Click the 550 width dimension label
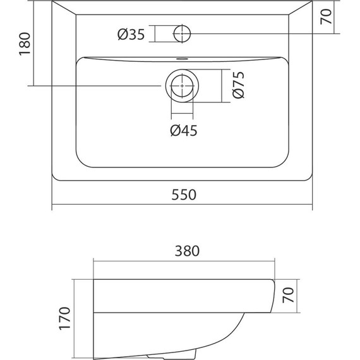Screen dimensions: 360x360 coord(183,195)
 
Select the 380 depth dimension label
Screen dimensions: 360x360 coord(183,251)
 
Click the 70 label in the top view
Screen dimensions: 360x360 coord(327,17)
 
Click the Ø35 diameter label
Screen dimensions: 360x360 coord(131,35)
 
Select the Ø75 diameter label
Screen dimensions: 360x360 coord(238,85)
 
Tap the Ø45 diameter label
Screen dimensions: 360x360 coord(184,131)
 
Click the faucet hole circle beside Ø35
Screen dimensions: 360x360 coord(183,33)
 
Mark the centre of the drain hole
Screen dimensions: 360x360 coord(183,85)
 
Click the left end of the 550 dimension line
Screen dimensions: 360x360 coord(52,205)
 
